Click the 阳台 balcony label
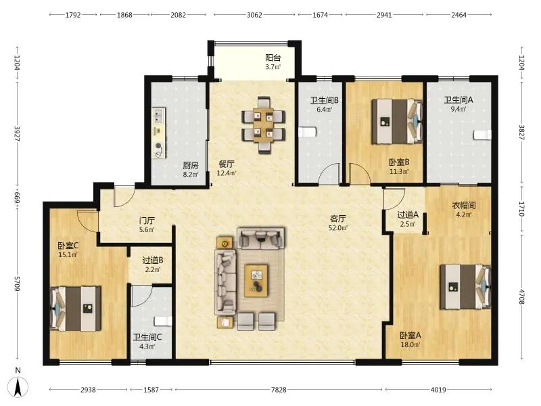pyautogui.click(x=273, y=58)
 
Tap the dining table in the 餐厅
pyautogui.click(x=263, y=125)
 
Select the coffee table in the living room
pyautogui.click(x=256, y=280)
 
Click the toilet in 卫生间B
pyautogui.click(x=307, y=132)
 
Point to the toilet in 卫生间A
pyautogui.click(x=482, y=135)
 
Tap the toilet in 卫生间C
pyautogui.click(x=163, y=321)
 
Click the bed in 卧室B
pyautogui.click(x=397, y=122)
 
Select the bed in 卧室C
pyautogui.click(x=76, y=309)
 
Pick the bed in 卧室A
pyautogui.click(x=465, y=286)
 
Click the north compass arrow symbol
pyautogui.click(x=18, y=386)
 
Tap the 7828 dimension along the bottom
pyautogui.click(x=279, y=390)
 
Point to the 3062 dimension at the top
pyautogui.click(x=254, y=15)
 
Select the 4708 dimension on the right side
pyautogui.click(x=521, y=297)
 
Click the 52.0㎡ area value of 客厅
pyautogui.click(x=338, y=228)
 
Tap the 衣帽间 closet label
pyautogui.click(x=464, y=206)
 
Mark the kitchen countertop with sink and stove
pyautogui.click(x=159, y=133)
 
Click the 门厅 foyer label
pyautogui.click(x=147, y=221)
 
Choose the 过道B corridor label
pyautogui.click(x=153, y=261)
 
